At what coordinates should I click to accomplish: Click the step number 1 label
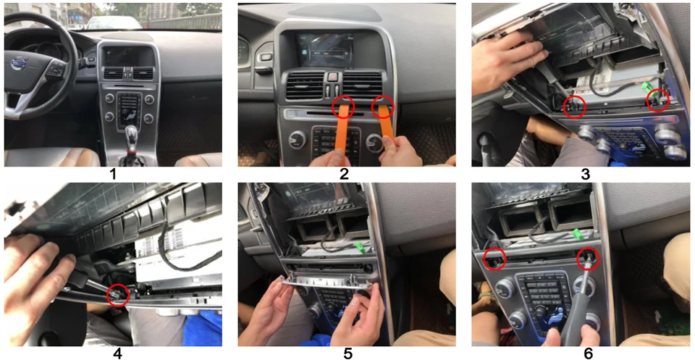[114, 175]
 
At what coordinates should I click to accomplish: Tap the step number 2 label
[344, 175]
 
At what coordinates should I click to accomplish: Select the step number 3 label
[586, 175]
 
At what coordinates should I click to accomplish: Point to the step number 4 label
[117, 353]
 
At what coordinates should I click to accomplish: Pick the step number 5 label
[347, 353]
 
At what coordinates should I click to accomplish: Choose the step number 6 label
[589, 353]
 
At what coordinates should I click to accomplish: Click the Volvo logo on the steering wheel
[20, 64]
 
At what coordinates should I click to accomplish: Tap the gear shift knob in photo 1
[132, 135]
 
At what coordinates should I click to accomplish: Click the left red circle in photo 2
[343, 106]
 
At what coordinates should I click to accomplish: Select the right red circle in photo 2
[383, 107]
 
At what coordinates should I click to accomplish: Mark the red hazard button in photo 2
[332, 78]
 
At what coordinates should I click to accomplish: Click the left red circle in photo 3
[574, 107]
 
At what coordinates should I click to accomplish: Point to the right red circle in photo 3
[658, 100]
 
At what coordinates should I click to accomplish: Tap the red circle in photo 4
[117, 295]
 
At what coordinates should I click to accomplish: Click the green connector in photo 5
[360, 248]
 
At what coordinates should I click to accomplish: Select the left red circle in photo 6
[494, 259]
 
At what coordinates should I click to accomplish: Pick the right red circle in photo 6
[588, 259]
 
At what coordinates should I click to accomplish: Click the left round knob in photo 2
[298, 140]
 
